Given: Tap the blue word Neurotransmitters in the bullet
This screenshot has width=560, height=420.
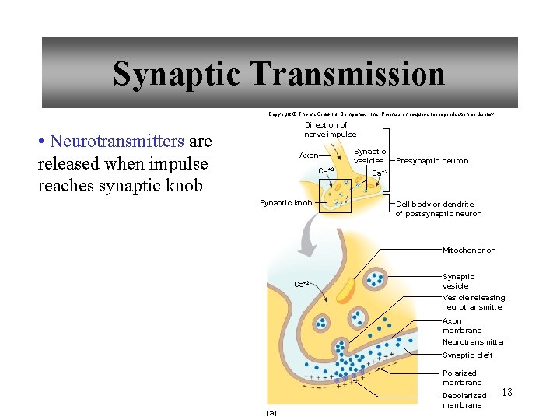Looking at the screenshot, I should click(116, 142).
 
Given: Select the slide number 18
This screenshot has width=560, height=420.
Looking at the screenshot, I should click(507, 392).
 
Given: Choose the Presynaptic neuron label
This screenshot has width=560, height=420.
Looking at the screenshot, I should click(432, 161).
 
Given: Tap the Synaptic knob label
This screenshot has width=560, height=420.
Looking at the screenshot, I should click(285, 203).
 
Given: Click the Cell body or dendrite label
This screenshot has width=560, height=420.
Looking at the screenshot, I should click(438, 208).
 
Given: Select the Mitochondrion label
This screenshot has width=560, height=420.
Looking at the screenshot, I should click(469, 250).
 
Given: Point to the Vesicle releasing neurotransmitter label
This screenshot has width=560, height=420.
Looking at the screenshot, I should click(473, 302).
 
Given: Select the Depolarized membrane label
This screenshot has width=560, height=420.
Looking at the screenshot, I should click(464, 400).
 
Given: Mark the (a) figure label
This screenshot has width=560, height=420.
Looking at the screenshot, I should click(271, 412).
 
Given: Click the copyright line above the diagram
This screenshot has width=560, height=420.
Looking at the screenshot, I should click(381, 114).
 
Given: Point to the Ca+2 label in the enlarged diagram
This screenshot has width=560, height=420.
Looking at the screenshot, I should click(302, 283).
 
